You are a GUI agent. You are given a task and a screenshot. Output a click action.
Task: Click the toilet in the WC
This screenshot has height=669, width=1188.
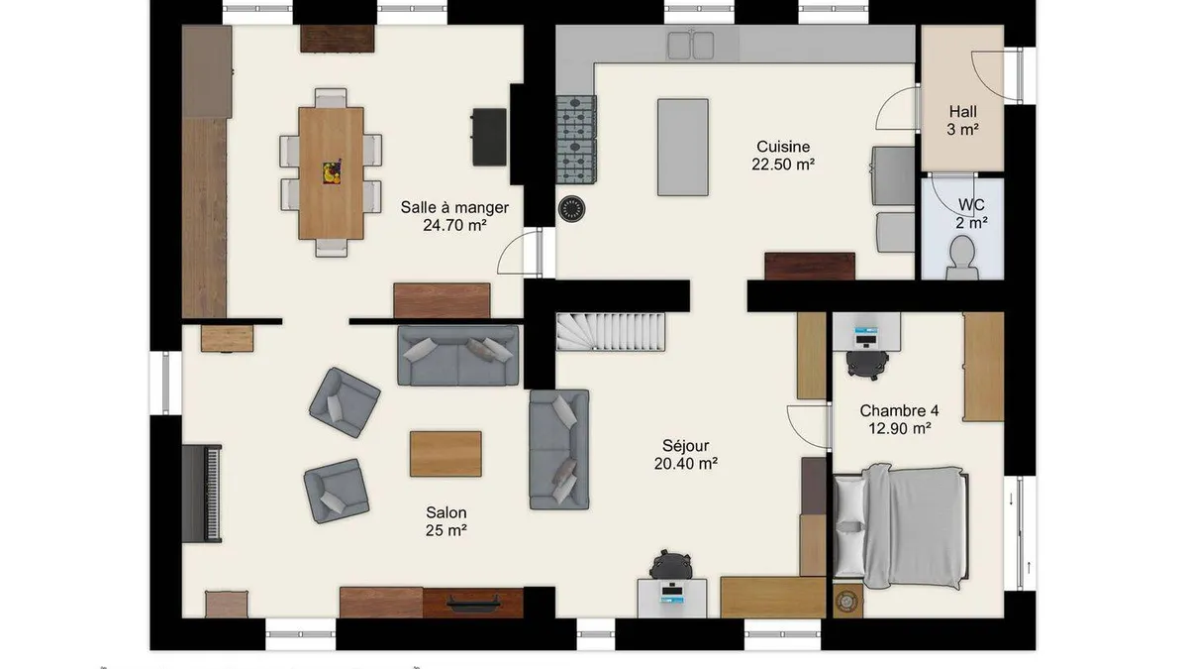[x=962, y=258]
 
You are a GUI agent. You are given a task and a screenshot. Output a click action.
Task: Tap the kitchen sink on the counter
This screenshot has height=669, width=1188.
[x=691, y=46]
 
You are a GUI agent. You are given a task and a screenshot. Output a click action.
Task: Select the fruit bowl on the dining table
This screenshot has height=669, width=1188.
[x=332, y=172]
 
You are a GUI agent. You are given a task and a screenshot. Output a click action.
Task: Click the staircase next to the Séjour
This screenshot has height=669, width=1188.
[x=611, y=332]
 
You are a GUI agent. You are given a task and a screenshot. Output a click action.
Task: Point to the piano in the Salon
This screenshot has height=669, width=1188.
[x=202, y=494]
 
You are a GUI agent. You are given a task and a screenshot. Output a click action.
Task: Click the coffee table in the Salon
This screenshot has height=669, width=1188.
[x=446, y=454]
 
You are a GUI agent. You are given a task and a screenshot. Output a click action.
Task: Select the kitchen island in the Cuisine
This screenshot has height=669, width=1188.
[x=683, y=147]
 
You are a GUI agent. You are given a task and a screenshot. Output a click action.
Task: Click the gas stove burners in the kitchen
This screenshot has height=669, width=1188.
[x=576, y=140]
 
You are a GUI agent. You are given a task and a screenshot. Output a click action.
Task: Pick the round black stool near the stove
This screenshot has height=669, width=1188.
[x=572, y=209]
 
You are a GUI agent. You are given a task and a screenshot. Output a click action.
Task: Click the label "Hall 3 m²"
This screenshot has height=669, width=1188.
[x=962, y=120]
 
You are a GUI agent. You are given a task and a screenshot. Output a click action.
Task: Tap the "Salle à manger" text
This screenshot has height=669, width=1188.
[x=454, y=207]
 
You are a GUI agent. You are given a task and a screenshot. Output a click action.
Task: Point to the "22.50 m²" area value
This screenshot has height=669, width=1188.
[x=783, y=165]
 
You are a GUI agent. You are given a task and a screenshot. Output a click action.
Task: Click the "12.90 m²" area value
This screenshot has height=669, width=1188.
[x=900, y=428]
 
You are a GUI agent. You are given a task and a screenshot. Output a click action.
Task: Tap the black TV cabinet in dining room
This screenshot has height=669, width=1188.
[x=489, y=137]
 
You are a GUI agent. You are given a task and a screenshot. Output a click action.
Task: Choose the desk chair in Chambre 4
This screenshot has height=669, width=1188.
[x=867, y=365]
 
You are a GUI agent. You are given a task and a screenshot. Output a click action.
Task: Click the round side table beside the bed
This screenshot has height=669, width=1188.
[x=847, y=601]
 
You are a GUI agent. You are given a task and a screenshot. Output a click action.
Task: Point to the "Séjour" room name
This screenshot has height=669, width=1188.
[x=685, y=445]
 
